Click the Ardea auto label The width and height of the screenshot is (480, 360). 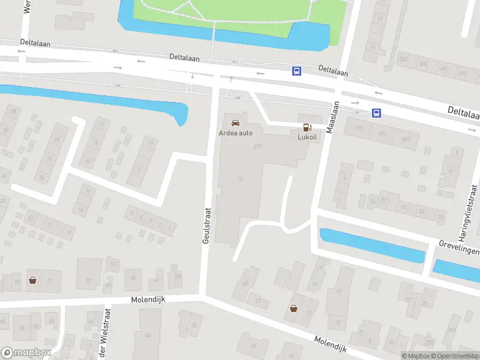[235, 133]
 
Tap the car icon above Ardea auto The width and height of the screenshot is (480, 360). [235, 122]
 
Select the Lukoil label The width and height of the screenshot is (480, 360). [307, 136]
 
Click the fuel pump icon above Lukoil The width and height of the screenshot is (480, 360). [307, 127]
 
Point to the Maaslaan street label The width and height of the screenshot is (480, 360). [332, 118]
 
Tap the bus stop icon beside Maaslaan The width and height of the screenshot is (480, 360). [377, 112]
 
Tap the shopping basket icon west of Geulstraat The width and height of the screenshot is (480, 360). [32, 280]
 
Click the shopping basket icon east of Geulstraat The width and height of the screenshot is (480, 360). [293, 308]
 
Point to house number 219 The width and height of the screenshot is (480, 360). [259, 146]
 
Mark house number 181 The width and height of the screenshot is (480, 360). [382, 133]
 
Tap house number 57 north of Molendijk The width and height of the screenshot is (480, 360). [89, 281]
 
